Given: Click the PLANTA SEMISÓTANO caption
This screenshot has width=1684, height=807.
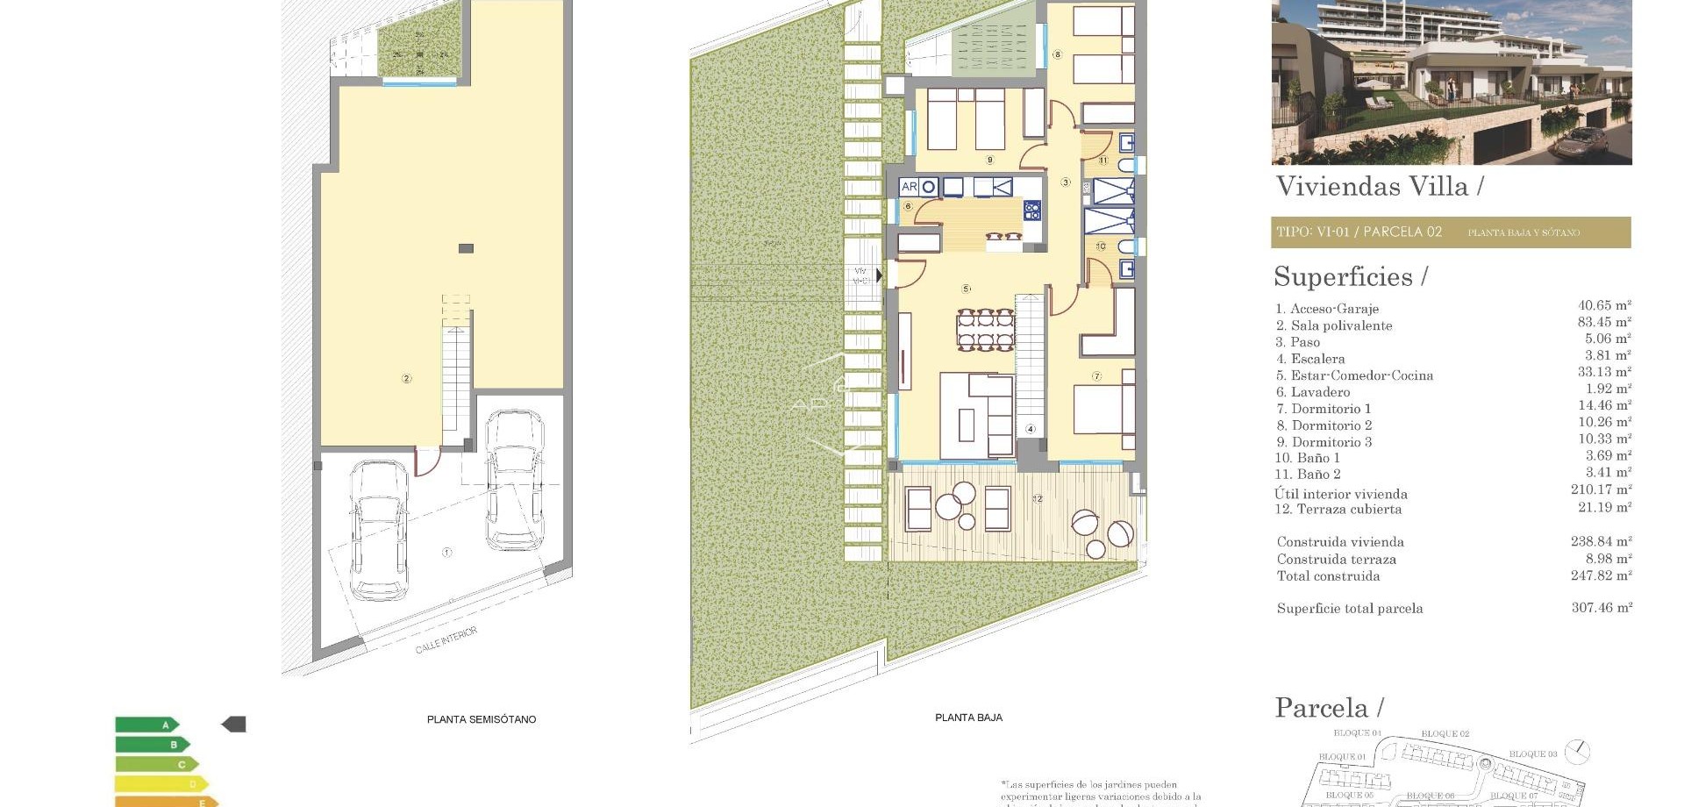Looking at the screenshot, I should pyautogui.click(x=481, y=719).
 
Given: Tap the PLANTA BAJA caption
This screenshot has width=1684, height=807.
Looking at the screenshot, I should pyautogui.click(x=968, y=718).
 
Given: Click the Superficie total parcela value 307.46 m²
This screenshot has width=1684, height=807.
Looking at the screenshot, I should pyautogui.click(x=1602, y=607).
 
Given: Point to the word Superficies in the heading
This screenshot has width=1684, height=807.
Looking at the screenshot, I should pyautogui.click(x=1343, y=277).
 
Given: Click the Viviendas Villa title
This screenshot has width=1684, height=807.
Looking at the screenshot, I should pyautogui.click(x=1372, y=186).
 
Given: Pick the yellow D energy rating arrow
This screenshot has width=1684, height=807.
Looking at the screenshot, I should pyautogui.click(x=162, y=783).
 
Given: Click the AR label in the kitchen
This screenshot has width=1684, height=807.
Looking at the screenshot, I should pyautogui.click(x=909, y=187).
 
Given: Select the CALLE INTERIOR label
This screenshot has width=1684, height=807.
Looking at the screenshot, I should pyautogui.click(x=446, y=640).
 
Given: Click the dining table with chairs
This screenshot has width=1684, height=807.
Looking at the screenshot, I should pyautogui.click(x=985, y=329).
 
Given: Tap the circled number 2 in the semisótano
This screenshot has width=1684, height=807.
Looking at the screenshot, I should pyautogui.click(x=406, y=379).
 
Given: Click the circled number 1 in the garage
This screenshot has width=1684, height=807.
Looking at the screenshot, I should pyautogui.click(x=446, y=553).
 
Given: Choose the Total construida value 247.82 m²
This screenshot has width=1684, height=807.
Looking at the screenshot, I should pyautogui.click(x=1602, y=575).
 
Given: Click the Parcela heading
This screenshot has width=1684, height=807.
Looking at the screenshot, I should pyautogui.click(x=1322, y=708).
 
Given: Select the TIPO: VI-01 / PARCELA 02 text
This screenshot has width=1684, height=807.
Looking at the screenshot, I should pyautogui.click(x=1359, y=232).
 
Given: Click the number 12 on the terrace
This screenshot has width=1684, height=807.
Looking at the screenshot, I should pyautogui.click(x=1038, y=499).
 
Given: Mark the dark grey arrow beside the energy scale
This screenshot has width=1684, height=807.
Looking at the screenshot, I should pyautogui.click(x=233, y=725).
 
